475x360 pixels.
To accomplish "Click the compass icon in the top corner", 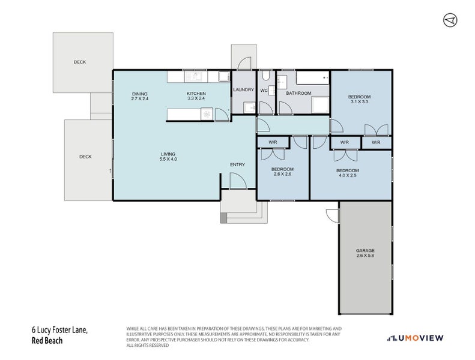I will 450,20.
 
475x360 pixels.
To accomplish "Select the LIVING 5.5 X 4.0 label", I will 168,157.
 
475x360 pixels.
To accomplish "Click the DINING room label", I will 139,96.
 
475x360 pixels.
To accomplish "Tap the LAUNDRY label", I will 243,90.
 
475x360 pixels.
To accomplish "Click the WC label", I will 264,91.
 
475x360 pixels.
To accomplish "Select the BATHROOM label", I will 298,93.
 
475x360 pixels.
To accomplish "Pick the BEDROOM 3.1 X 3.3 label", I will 360,100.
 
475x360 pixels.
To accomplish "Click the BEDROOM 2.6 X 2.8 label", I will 282,172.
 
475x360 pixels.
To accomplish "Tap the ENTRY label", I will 237,165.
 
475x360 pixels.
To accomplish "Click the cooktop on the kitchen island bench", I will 207,114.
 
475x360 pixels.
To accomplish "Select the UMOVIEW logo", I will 416,338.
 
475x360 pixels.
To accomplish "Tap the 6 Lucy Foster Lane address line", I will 59,329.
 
